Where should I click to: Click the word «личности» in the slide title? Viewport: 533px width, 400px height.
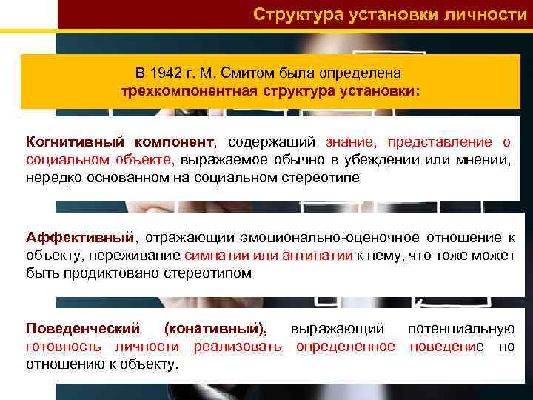[488, 14]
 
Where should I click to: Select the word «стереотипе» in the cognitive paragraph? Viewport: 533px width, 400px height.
[324, 177]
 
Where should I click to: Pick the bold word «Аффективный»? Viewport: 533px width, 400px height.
[81, 237]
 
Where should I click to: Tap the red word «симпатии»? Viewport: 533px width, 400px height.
[211, 255]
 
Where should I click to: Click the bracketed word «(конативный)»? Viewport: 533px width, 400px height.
[215, 328]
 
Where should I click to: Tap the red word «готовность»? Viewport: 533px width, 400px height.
[66, 346]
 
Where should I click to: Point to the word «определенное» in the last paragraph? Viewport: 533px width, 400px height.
[346, 346]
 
